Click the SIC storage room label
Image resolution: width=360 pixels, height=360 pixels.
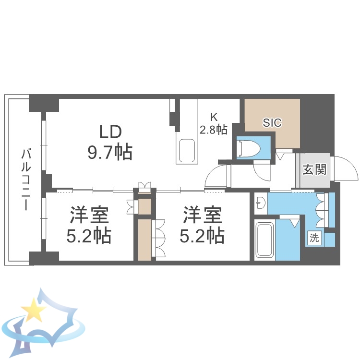pyautogui.click(x=272, y=122)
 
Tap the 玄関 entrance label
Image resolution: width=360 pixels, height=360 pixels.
pyautogui.click(x=315, y=169)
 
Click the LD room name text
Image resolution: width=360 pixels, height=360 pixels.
pyautogui.click(x=110, y=131)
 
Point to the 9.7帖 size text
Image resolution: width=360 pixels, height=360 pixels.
pyautogui.click(x=110, y=152)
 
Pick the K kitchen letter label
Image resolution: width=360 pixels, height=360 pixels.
pyautogui.click(x=214, y=117)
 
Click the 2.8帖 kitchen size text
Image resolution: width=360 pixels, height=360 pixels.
pyautogui.click(x=214, y=129)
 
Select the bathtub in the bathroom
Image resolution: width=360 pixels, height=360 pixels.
pyautogui.click(x=264, y=240)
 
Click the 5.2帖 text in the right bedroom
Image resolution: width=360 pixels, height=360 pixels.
pyautogui.click(x=202, y=236)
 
